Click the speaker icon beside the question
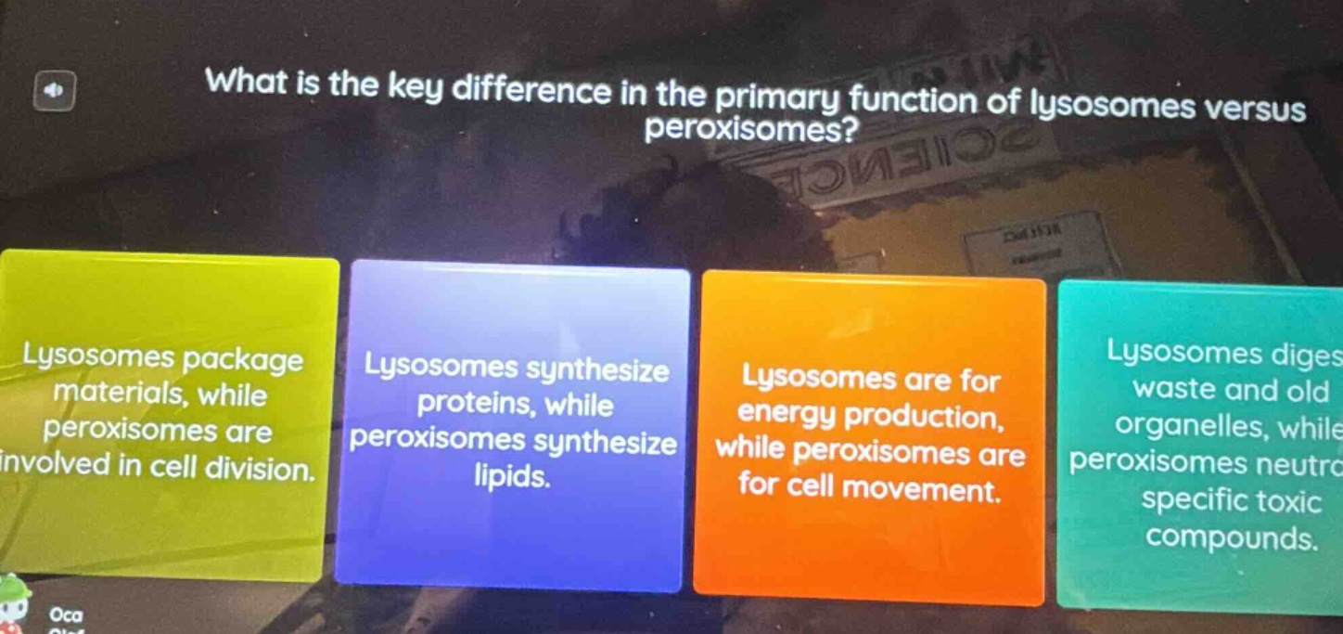click(x=54, y=93)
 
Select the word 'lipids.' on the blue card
click(x=511, y=476)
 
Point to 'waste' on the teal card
click(x=1173, y=390)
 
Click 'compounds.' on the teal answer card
click(x=1232, y=537)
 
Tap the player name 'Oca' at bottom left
click(x=67, y=615)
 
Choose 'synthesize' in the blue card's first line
click(x=597, y=369)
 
